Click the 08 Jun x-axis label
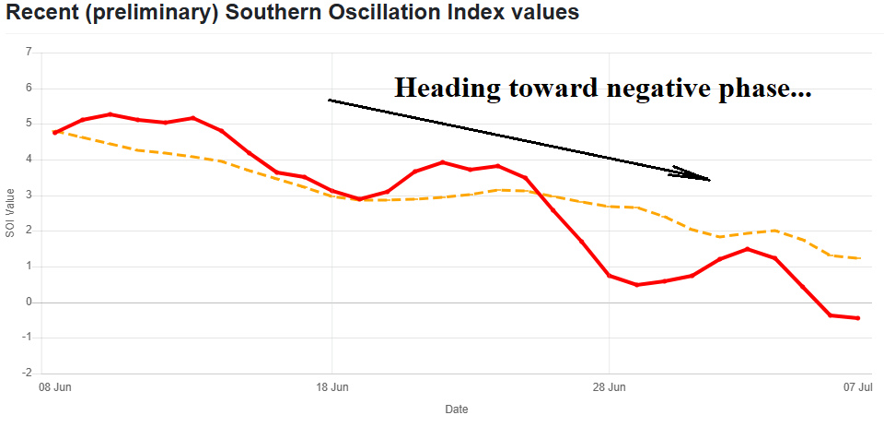pyautogui.click(x=54, y=387)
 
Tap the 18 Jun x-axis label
pyautogui.click(x=331, y=387)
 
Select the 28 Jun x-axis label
pyautogui.click(x=609, y=387)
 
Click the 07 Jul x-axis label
pyautogui.click(x=858, y=387)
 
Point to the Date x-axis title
pyautogui.click(x=456, y=409)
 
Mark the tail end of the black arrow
pyautogui.click(x=330, y=100)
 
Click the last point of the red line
pyautogui.click(x=858, y=318)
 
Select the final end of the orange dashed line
pyautogui.click(x=859, y=258)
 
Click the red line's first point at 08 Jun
pyautogui.click(x=55, y=133)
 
